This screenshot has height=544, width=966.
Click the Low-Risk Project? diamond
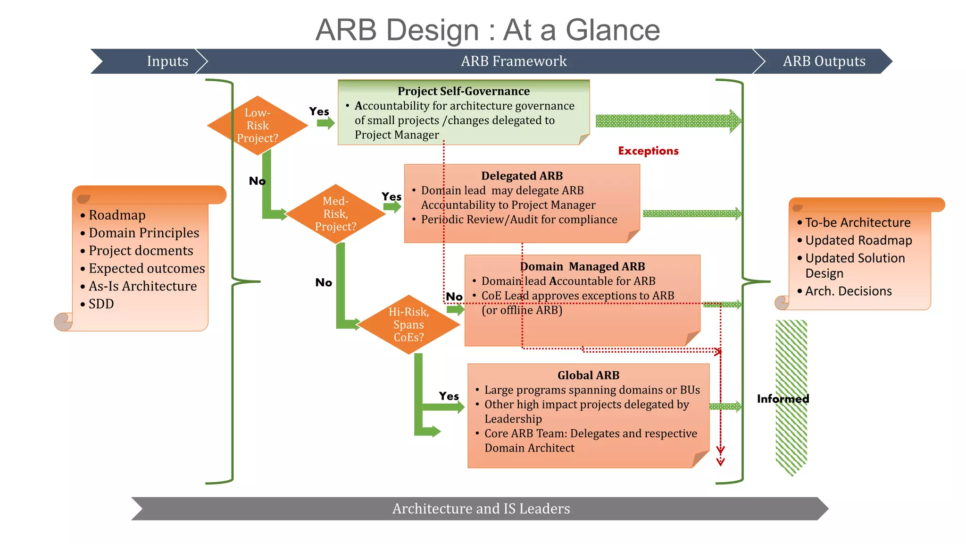(258, 126)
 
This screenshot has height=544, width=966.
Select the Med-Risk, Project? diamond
(335, 214)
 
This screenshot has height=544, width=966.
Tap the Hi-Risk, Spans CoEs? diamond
(408, 324)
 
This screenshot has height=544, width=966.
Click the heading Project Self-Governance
(463, 91)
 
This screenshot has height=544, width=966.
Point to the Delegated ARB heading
(522, 176)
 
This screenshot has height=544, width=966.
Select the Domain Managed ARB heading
(583, 266)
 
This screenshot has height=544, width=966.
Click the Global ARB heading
(588, 375)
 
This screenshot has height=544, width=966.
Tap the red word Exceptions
(648, 151)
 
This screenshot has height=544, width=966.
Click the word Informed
(783, 399)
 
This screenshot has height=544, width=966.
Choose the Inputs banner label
(167, 61)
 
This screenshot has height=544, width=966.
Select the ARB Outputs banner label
(824, 61)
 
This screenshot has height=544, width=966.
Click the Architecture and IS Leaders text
(481, 509)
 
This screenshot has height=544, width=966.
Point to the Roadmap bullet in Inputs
(117, 215)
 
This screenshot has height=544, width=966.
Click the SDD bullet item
(101, 304)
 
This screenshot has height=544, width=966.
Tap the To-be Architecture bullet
(858, 222)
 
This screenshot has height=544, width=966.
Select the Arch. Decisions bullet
(848, 291)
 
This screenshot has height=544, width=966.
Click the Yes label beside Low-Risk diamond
(319, 111)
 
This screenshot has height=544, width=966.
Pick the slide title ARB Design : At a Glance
(487, 30)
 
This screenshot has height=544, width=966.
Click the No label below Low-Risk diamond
(257, 181)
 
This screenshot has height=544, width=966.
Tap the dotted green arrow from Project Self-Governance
(667, 121)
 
